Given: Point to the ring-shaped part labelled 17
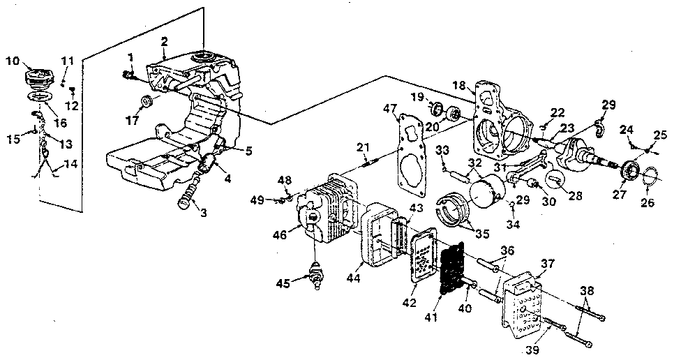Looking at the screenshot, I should click(146, 102).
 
